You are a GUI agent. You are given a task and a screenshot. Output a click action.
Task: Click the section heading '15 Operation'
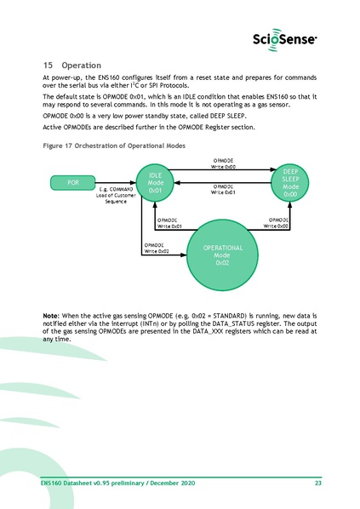click(71, 66)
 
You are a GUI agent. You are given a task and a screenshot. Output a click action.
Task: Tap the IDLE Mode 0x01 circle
click(156, 182)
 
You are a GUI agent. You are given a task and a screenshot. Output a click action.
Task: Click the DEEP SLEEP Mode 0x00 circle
click(290, 182)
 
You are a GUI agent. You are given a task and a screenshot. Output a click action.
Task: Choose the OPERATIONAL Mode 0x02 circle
click(223, 253)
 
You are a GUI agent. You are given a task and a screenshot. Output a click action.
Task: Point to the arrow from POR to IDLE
click(116, 181)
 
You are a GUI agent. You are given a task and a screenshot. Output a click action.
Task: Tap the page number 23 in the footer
click(317, 484)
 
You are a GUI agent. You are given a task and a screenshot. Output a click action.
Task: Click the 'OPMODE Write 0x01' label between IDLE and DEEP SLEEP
click(223, 189)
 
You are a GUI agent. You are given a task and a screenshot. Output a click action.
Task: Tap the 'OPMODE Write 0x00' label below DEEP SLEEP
click(277, 223)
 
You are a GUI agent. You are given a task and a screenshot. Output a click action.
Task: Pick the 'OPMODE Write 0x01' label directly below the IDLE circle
click(169, 223)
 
